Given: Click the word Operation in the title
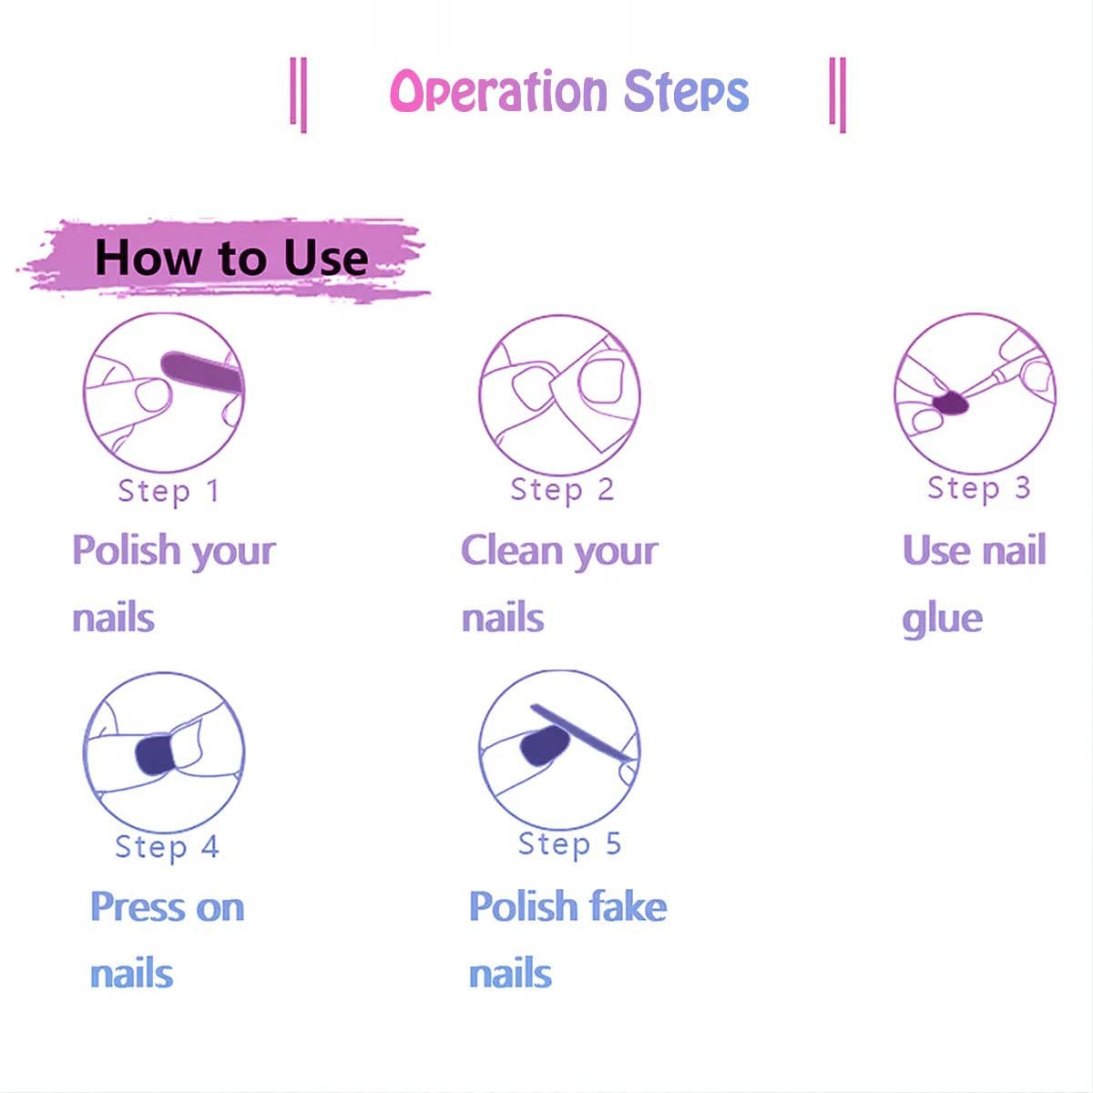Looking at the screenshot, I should [x=498, y=91].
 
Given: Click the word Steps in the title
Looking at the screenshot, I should [x=686, y=91].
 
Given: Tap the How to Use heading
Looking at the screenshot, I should [x=231, y=258].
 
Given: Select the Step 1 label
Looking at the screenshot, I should [x=169, y=491].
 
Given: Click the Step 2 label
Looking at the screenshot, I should [x=562, y=490].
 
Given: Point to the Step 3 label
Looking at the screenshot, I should [x=978, y=488].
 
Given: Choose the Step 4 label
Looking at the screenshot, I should [x=167, y=847].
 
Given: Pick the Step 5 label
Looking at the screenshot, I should [x=569, y=844].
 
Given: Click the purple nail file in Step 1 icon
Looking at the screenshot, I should [x=199, y=373].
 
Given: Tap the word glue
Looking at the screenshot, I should [x=942, y=619].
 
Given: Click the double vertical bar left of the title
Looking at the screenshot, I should [x=298, y=94].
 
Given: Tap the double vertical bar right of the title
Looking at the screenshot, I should [x=838, y=94].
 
